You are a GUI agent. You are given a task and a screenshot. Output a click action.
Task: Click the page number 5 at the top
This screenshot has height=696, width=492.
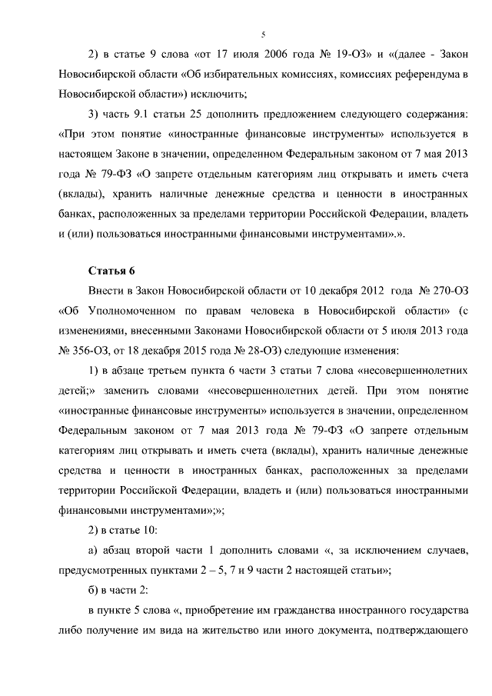(263, 35)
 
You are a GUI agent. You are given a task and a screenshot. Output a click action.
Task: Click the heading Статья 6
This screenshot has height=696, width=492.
(112, 271)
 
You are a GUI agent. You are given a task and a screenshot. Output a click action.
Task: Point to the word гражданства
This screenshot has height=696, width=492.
(327, 611)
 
